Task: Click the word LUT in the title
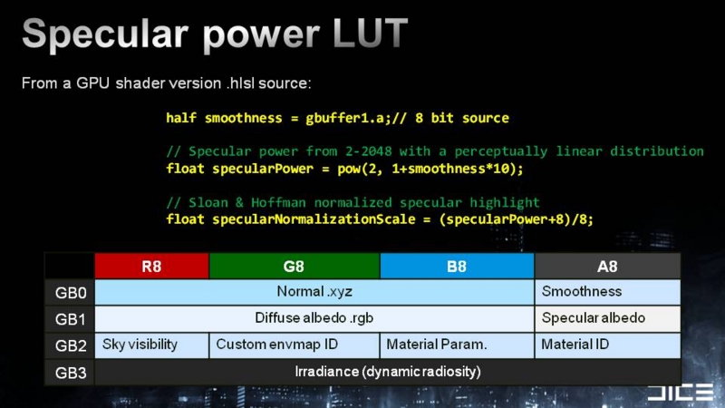[x=370, y=34]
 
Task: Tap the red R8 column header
[x=151, y=267]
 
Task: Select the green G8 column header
[x=295, y=267]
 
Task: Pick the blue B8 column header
[x=457, y=267]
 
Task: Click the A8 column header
[x=607, y=267]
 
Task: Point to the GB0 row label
[x=71, y=293]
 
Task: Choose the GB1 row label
[x=71, y=319]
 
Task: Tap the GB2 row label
[x=71, y=345]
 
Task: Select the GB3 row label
[x=71, y=373]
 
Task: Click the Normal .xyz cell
[x=314, y=292]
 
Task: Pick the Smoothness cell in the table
[x=607, y=292]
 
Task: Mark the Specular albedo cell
[x=607, y=319]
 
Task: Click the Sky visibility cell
[x=151, y=345]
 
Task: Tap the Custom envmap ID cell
[x=295, y=345]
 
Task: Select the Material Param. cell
[x=457, y=345]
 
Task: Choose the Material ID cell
[x=607, y=345]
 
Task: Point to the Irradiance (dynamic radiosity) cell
[x=388, y=372]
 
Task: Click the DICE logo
[x=681, y=393]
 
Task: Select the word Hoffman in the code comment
[x=278, y=202]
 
